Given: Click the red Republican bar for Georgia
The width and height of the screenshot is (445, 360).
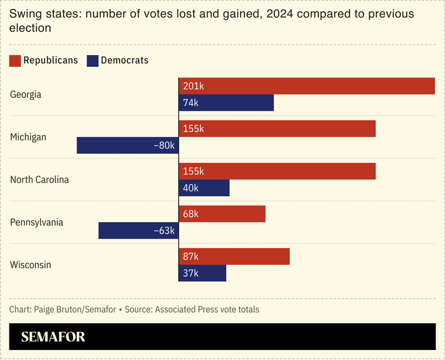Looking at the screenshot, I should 306,86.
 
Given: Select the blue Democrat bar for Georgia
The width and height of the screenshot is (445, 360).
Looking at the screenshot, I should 226,103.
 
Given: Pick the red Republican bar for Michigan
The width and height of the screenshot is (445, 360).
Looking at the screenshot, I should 277,129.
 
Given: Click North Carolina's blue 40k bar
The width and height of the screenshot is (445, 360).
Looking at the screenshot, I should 204,188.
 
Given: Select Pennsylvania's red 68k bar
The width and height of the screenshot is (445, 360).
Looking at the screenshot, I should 222,214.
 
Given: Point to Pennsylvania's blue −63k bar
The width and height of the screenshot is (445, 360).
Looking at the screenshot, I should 138,231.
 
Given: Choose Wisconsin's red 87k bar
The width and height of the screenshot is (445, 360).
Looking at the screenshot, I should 234,256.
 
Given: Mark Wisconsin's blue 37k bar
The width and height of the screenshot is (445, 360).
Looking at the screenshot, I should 202,273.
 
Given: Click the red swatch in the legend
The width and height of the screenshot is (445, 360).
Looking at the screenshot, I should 15,61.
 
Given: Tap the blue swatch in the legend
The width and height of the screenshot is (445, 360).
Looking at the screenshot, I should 92,61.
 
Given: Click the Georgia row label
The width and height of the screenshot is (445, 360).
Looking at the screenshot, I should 26,95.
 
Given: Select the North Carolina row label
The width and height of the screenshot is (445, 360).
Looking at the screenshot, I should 40,180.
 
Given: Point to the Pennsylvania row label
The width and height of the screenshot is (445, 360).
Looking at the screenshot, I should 37,222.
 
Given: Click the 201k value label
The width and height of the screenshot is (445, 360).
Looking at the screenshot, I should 194,86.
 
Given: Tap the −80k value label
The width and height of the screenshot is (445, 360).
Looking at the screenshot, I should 164,146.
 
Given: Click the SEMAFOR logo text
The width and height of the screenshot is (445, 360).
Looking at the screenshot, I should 53,337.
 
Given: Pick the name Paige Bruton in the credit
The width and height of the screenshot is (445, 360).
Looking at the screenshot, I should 56,309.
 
